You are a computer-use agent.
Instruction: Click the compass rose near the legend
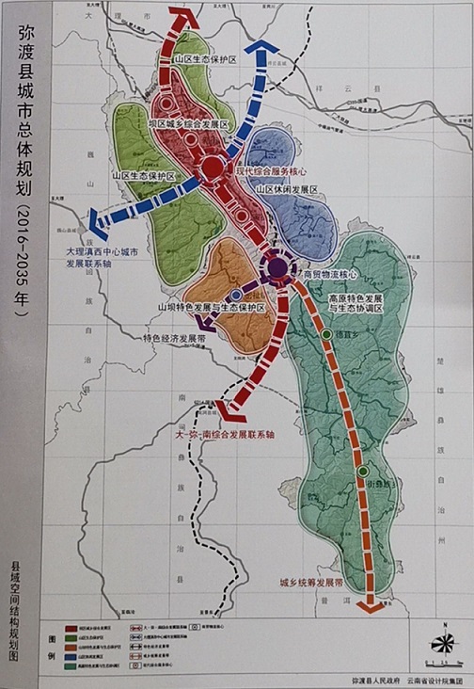click(441, 642)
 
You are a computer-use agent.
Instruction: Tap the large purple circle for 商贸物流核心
click(276, 269)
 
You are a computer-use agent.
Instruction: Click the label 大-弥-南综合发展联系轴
click(224, 435)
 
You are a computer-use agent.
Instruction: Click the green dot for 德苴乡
click(326, 334)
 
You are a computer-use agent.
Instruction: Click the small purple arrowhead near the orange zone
click(207, 327)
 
